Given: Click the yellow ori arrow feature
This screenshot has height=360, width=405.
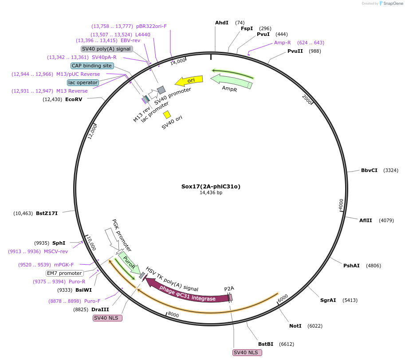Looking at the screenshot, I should click(x=189, y=81).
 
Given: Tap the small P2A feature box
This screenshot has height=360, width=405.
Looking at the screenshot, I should click(x=230, y=297).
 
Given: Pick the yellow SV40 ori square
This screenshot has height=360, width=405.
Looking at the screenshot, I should click(x=167, y=115).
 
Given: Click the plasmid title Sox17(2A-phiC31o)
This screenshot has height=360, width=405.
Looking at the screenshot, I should click(x=211, y=186).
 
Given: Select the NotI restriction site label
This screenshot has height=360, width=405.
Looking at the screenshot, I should click(x=295, y=326).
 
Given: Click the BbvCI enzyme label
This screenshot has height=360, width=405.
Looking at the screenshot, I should click(x=369, y=170).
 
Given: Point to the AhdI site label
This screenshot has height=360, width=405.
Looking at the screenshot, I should click(x=222, y=23).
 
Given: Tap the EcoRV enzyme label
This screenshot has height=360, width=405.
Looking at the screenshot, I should click(x=74, y=99).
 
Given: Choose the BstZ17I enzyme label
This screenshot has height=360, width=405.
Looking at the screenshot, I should click(x=47, y=213).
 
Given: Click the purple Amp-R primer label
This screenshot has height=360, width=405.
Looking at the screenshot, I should click(x=283, y=43).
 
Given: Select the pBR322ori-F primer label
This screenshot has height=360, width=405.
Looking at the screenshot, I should click(x=151, y=26).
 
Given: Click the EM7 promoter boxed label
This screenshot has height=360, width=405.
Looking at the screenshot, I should click(x=65, y=273).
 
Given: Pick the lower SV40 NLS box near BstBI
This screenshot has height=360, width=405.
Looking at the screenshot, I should click(x=247, y=352).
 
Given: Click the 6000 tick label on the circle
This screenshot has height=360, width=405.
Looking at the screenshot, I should click(x=283, y=298).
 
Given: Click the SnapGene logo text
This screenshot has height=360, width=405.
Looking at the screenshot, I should click(x=391, y=4).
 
